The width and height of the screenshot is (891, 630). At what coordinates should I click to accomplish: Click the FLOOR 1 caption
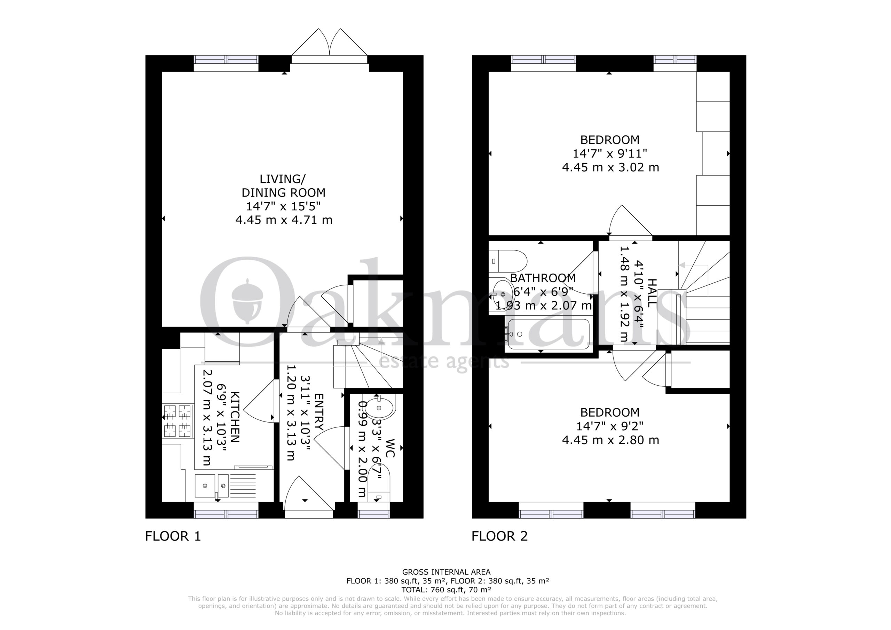click(173, 536)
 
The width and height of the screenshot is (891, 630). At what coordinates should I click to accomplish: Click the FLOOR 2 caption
click(499, 536)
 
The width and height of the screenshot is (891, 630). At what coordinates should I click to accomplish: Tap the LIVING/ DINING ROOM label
click(284, 186)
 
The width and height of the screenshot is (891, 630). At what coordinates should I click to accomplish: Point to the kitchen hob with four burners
click(178, 421)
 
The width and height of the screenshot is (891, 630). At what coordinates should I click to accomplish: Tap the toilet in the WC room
click(378, 485)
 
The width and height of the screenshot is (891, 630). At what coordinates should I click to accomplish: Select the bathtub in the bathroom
click(548, 334)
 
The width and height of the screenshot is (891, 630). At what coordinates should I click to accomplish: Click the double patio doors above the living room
click(330, 46)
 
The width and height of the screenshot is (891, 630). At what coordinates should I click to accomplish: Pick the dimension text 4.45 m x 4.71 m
click(284, 220)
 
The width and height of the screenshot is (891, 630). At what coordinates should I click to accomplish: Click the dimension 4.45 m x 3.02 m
click(610, 167)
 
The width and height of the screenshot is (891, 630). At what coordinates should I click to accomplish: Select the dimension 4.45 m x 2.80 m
click(610, 440)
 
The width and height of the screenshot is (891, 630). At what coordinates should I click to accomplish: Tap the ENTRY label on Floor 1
click(318, 412)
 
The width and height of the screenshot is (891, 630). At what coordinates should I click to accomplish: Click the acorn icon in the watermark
click(247, 300)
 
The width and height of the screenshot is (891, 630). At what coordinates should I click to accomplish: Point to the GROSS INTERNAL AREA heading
click(446, 572)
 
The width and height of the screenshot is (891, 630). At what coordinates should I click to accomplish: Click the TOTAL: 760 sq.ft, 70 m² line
click(446, 590)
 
